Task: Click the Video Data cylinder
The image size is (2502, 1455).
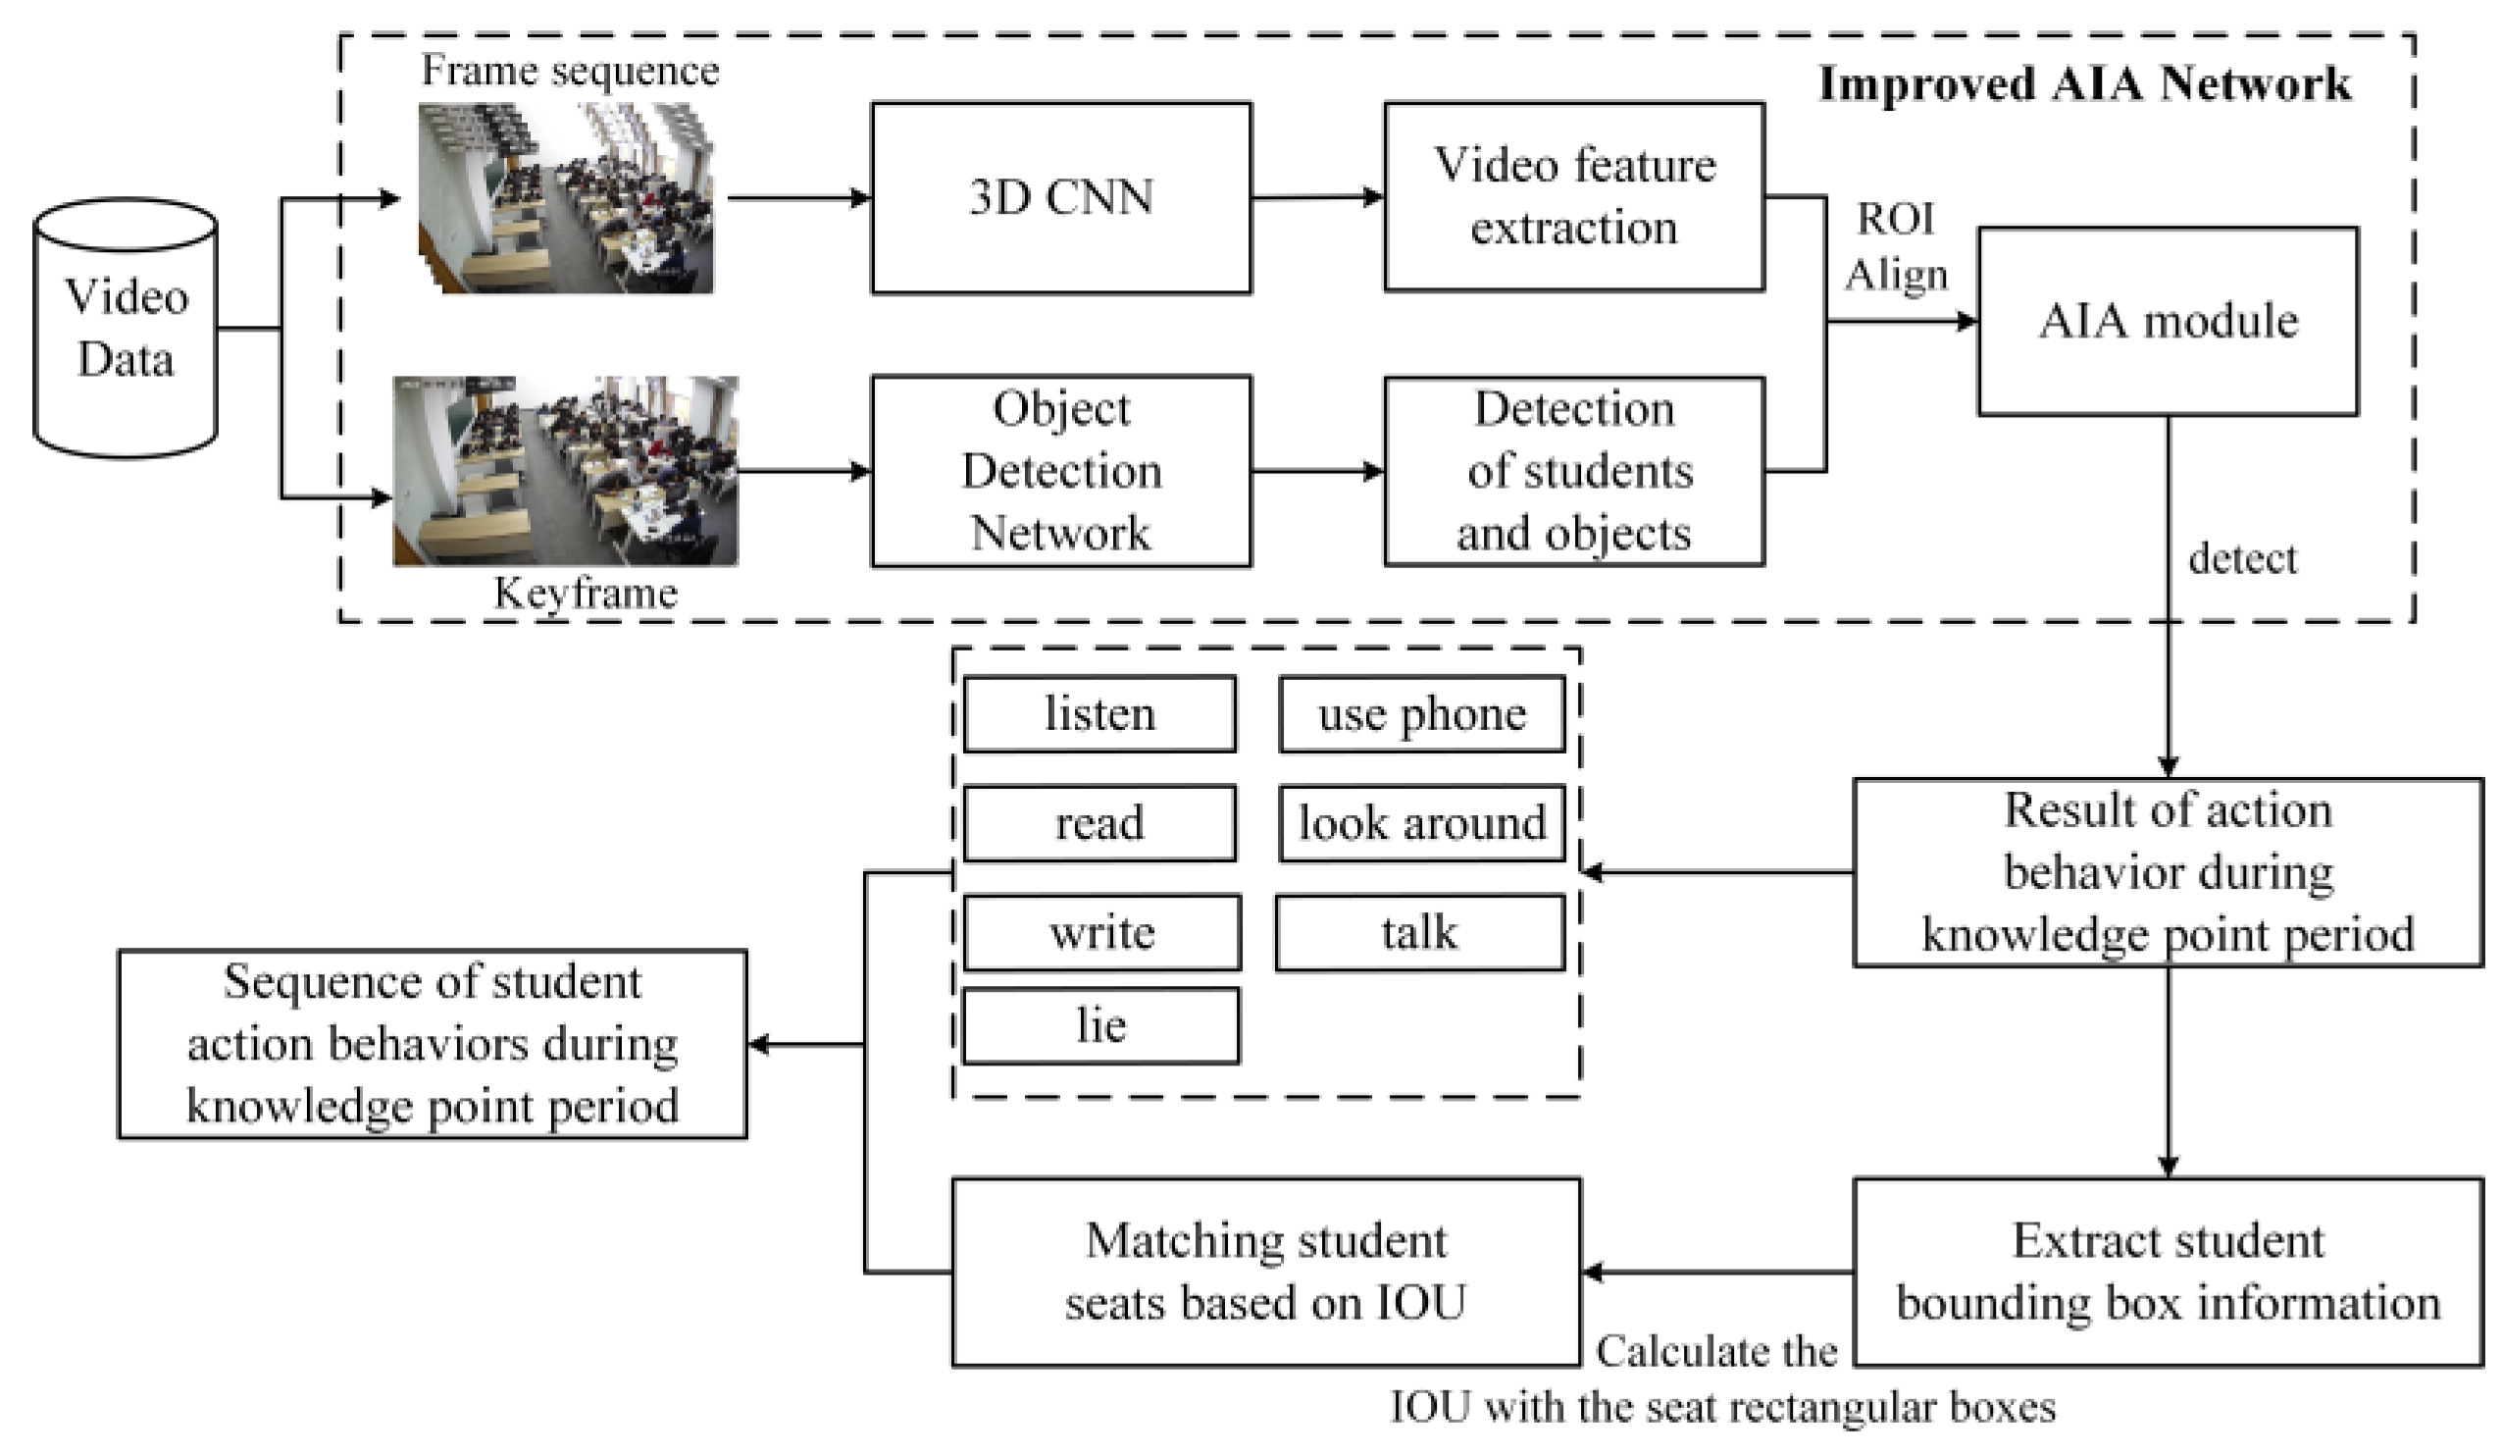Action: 126,328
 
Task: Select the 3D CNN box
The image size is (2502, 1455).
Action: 1061,197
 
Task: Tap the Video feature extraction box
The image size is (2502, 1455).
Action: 1573,196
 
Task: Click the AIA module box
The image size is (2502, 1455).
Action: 2169,321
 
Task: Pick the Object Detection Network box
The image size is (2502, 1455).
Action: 1061,471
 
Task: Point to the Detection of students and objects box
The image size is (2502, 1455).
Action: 1573,471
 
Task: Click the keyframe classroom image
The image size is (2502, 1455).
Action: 566,471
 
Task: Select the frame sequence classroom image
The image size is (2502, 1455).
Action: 566,198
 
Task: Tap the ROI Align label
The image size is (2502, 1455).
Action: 1895,246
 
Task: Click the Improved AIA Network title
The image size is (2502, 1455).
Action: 2085,83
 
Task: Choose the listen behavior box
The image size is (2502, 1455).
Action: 1100,714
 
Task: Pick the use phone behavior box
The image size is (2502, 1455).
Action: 1422,714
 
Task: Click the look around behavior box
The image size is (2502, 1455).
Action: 1422,823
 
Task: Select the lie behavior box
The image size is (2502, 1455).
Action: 1101,1026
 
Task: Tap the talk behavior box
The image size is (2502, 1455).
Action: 1420,933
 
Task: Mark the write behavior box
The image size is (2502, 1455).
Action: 1102,933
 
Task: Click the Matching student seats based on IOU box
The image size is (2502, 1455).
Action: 1266,1273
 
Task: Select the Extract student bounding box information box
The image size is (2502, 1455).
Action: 2169,1273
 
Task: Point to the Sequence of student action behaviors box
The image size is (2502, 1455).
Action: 432,1044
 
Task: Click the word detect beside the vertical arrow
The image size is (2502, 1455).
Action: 2243,558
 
